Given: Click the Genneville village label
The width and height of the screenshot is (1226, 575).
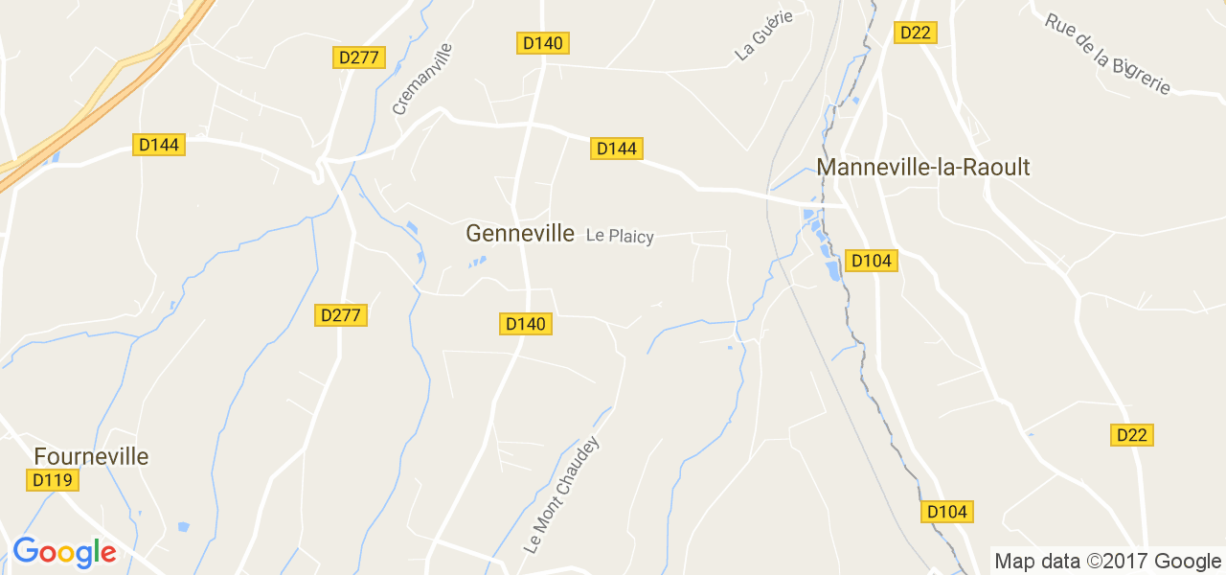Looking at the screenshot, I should (520, 233).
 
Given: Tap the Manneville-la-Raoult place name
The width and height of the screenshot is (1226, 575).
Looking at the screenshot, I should (922, 168).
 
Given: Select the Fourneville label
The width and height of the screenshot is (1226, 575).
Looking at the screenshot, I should (91, 456).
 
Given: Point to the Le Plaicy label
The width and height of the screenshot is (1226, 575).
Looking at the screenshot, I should (620, 236).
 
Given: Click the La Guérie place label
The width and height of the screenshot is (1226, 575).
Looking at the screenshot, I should (764, 37).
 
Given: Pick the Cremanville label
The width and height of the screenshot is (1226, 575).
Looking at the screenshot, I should (421, 79).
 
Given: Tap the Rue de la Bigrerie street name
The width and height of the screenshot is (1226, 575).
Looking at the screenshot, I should (1108, 54).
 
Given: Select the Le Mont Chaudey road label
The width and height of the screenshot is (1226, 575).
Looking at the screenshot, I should (562, 495).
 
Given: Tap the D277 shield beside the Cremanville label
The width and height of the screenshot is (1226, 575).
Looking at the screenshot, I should (359, 57).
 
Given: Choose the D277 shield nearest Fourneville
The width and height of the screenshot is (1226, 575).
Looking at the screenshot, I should (341, 315).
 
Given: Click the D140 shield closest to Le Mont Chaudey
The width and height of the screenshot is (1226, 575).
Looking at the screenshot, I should (526, 324).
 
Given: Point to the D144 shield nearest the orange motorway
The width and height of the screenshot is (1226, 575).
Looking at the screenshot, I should (158, 145).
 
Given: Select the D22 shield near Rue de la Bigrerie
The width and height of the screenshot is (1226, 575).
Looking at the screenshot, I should (915, 33).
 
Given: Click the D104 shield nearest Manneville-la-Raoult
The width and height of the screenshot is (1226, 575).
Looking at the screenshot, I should (872, 261).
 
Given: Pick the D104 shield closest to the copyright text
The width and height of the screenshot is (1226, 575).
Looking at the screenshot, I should (947, 512).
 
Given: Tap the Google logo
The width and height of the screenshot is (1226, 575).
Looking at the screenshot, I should (64, 553).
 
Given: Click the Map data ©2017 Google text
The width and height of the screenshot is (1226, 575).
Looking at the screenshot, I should (1107, 561).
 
